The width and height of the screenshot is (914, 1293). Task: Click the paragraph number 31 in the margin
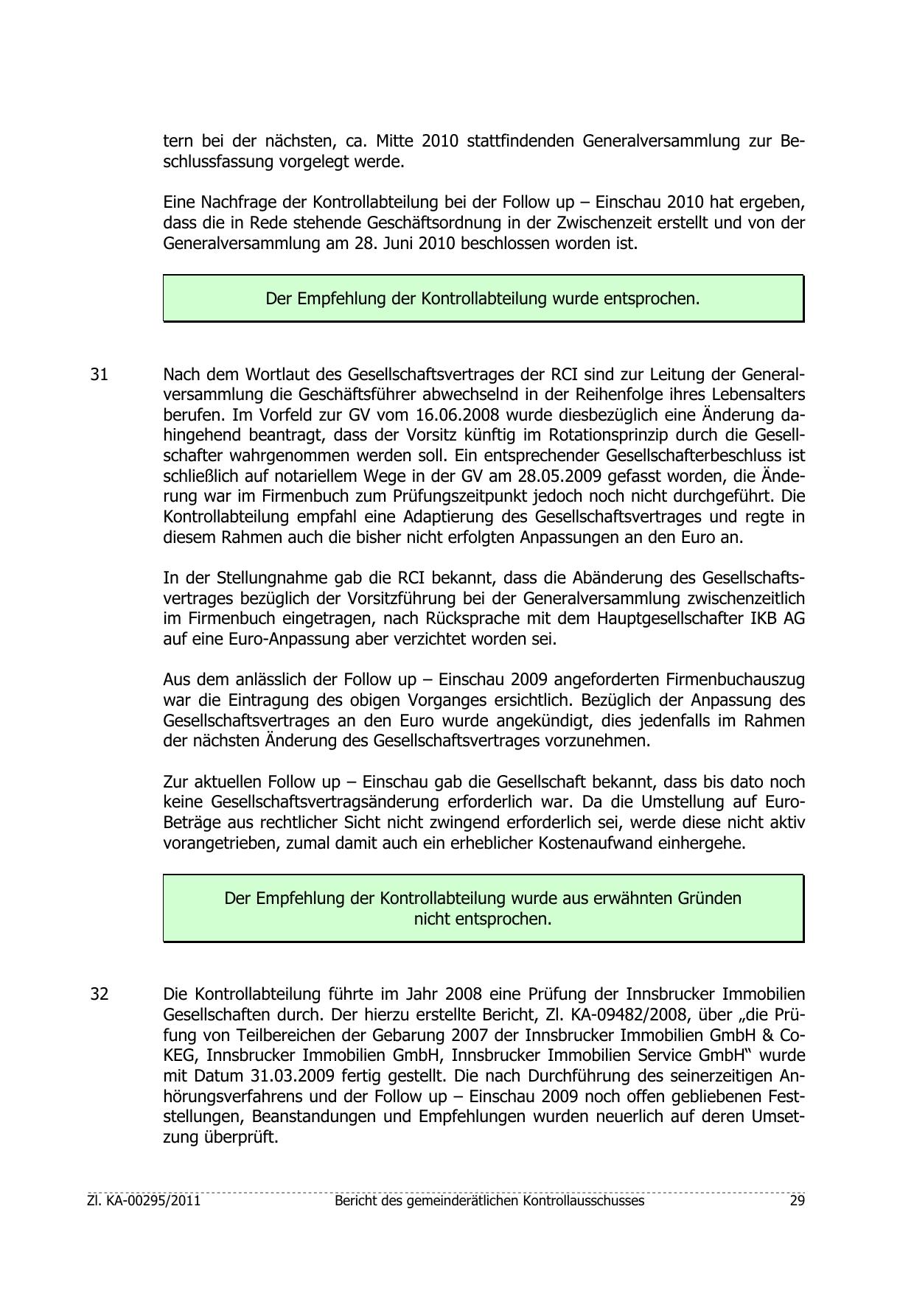point(100,374)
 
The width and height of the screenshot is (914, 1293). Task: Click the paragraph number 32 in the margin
point(100,994)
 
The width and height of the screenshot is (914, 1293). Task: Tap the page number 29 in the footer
point(797,1200)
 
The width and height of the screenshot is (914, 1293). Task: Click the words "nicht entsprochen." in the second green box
point(483,919)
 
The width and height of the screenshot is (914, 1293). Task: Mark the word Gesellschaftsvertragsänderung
point(325,802)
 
